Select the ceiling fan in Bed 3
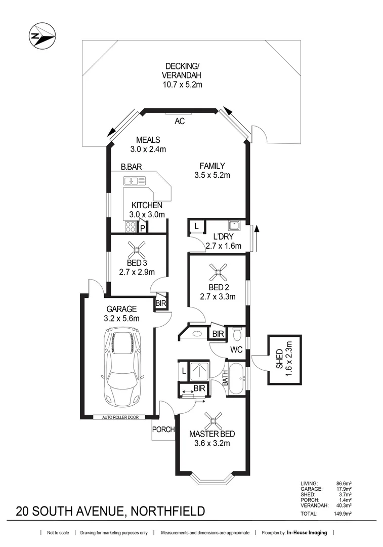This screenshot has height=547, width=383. [x=136, y=248]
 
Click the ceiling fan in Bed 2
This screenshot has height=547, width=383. [x=219, y=274]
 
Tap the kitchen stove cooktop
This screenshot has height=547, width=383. [x=130, y=226]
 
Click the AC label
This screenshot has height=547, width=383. [x=179, y=122]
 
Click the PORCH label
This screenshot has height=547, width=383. [x=163, y=430]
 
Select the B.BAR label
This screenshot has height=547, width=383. [x=131, y=166]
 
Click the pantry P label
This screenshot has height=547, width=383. [x=143, y=228]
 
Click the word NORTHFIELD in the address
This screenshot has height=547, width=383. [x=168, y=511]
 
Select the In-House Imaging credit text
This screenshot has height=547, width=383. [x=307, y=533]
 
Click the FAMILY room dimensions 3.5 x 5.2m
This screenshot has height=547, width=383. [x=212, y=176]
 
